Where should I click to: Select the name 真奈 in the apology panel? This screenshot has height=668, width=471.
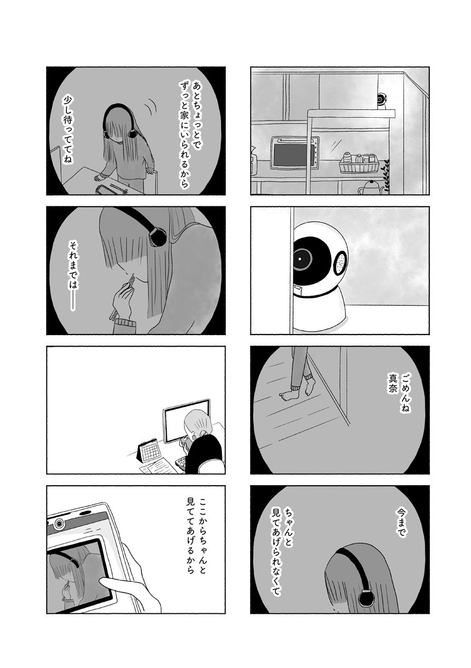(390, 390)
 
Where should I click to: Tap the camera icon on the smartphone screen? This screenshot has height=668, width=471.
(60, 523)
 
